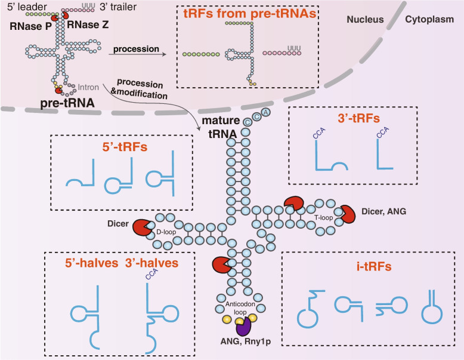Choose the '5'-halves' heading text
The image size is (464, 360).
click(86, 263)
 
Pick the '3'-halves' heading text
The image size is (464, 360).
click(156, 263)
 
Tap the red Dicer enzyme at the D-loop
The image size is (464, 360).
click(141, 227)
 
